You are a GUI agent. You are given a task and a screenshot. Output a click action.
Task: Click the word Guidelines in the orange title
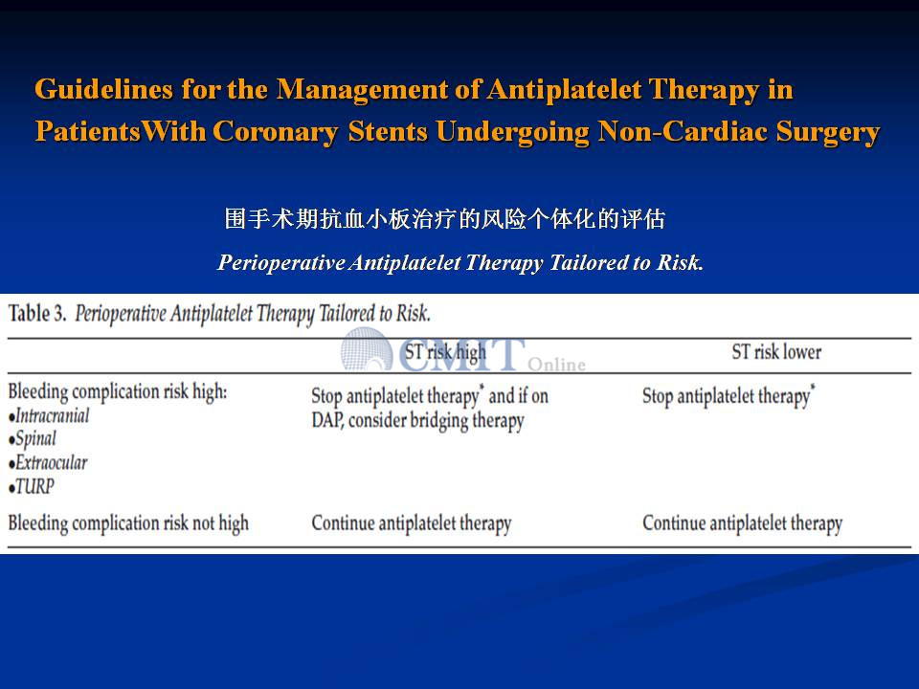pos(103,90)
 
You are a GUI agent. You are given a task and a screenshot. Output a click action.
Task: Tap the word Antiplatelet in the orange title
pos(565,90)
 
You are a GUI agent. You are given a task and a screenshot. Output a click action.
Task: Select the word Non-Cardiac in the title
pos(683,131)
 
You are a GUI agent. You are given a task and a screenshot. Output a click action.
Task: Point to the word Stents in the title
pos(388,131)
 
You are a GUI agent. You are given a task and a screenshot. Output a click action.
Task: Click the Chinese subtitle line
pos(445,218)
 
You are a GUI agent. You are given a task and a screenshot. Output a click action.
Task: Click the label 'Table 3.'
pos(37,314)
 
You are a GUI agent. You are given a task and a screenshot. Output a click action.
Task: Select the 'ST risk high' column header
pos(445,352)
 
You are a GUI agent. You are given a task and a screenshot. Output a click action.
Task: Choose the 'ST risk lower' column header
pos(776,352)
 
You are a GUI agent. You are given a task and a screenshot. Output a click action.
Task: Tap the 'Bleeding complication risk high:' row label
pos(117,392)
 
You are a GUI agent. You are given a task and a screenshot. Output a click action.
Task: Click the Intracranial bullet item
pos(49,416)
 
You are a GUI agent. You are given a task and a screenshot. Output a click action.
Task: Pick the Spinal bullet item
pos(33,439)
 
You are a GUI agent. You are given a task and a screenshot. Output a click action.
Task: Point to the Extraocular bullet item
pos(48,463)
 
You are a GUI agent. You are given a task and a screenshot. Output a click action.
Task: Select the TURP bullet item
pos(32,486)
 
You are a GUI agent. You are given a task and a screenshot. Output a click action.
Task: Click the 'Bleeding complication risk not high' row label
pos(128,523)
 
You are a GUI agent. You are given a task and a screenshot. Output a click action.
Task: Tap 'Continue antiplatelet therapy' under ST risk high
pos(412,523)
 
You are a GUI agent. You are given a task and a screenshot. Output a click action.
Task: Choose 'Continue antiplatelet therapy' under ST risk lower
pos(743,523)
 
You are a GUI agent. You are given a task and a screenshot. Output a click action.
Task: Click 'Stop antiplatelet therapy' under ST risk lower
pos(727,396)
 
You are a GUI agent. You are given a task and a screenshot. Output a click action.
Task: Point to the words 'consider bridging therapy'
pos(437,421)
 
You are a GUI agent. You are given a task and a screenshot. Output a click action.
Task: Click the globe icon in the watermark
pos(367,349)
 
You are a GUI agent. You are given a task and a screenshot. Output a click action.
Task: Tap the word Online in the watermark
pos(557,365)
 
